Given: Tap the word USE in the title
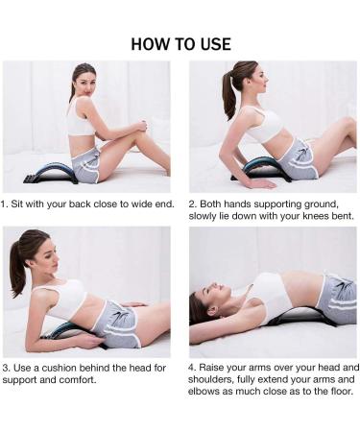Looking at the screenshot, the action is [215, 44].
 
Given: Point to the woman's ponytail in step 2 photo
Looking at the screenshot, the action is [230, 95].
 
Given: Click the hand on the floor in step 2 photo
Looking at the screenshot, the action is [261, 183].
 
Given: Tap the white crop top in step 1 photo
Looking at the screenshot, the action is [81, 118].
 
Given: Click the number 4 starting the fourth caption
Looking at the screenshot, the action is [191, 368].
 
